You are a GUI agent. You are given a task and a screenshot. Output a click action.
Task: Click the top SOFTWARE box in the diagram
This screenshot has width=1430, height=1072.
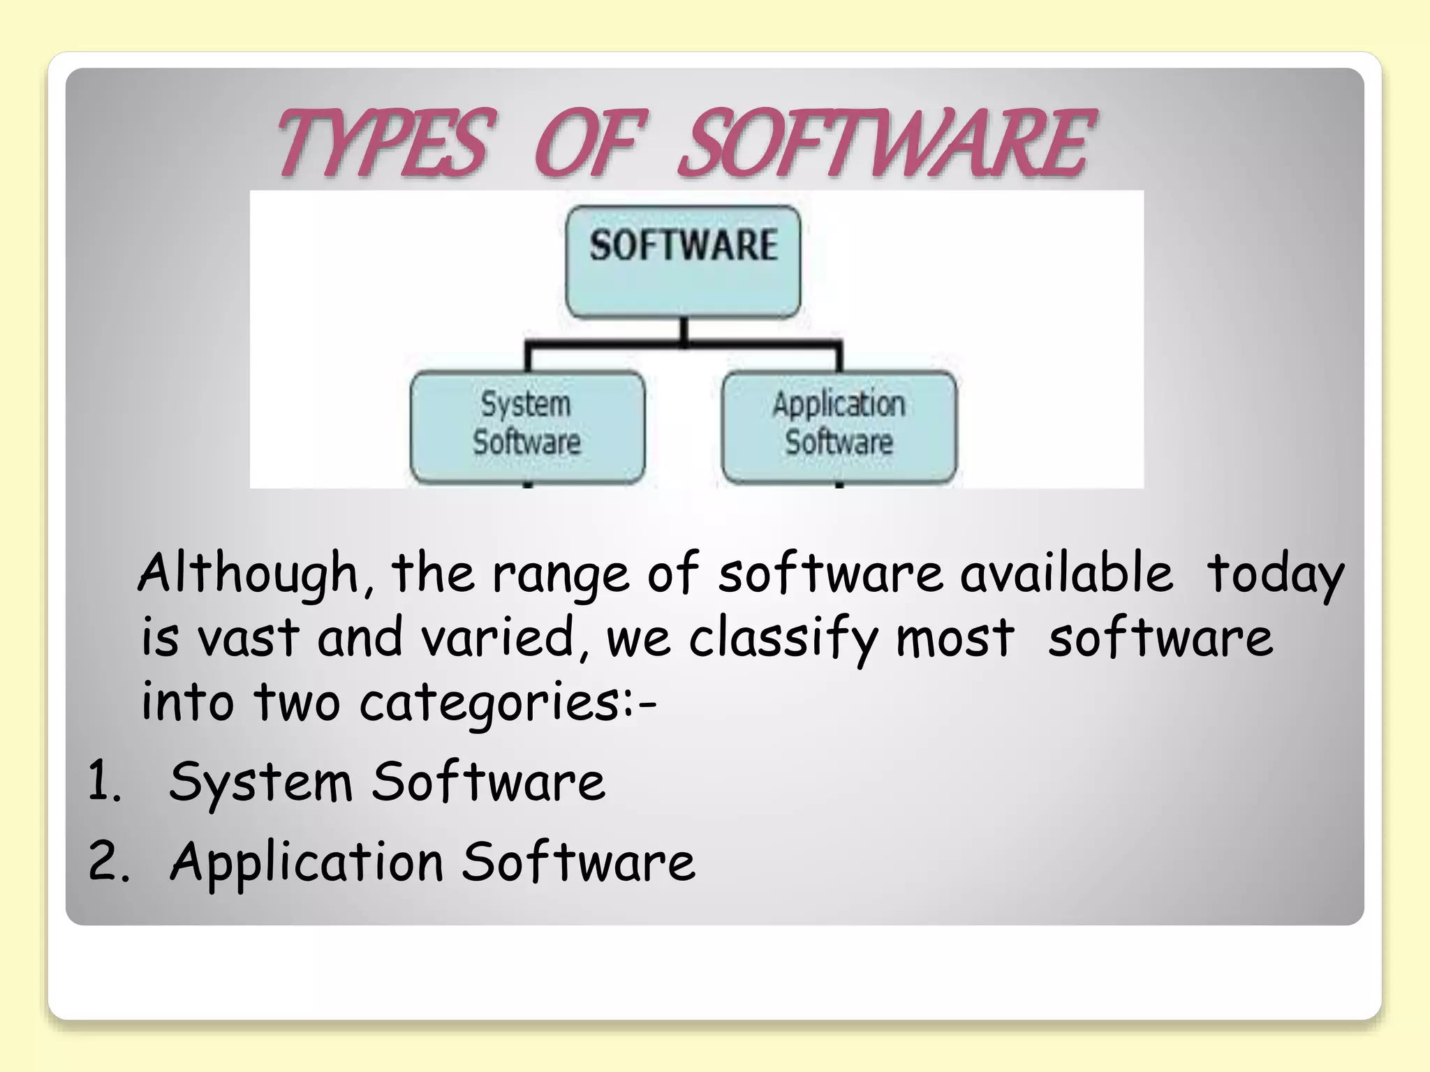pos(683,261)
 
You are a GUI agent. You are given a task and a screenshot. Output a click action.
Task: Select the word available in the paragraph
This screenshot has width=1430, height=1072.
pos(1066,572)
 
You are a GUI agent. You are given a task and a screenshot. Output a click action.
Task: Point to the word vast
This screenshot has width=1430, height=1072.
pos(247,638)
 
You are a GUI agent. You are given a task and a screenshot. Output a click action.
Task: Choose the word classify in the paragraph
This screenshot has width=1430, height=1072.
pos(782,638)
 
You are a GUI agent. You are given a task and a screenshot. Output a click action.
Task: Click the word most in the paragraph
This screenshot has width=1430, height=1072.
pos(954,638)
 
